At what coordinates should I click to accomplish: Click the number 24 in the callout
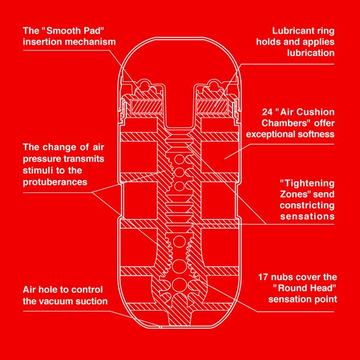(x=267, y=112)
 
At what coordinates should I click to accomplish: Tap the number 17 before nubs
(x=263, y=277)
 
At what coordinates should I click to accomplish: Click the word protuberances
(x=55, y=182)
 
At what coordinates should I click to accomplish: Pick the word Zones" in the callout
(x=295, y=194)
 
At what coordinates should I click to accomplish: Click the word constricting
(x=307, y=206)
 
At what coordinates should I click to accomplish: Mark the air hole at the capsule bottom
(x=161, y=327)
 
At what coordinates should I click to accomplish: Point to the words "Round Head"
(x=304, y=288)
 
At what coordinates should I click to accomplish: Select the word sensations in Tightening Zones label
(x=307, y=217)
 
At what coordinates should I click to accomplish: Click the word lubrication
(x=311, y=53)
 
